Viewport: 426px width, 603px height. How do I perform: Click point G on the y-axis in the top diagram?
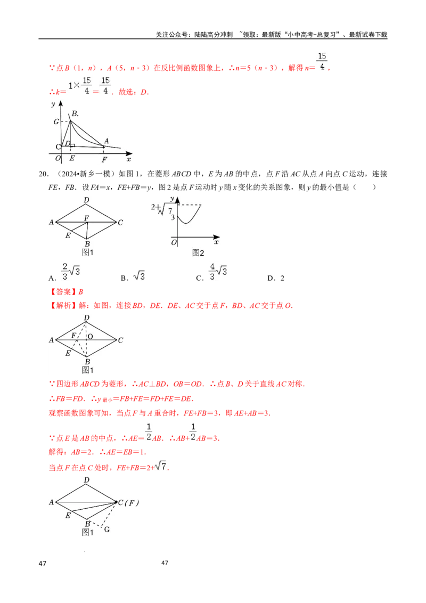tap(56, 121)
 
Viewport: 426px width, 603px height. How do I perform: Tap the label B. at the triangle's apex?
tap(75, 113)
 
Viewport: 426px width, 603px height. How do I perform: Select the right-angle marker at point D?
tap(72, 144)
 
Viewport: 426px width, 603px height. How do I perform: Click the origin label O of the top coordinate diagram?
tap(58, 158)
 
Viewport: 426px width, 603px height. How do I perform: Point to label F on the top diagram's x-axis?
tap(104, 159)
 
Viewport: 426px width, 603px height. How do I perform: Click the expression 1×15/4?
tap(80, 85)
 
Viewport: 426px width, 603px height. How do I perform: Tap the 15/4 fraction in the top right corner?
tap(321, 61)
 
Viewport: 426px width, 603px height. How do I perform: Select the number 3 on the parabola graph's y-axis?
tap(172, 217)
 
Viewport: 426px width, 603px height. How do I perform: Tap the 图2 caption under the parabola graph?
tap(198, 253)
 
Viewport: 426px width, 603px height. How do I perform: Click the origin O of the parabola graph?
tap(174, 243)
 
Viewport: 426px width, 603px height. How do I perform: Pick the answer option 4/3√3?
tap(218, 271)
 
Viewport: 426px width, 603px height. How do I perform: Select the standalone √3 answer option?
tap(141, 275)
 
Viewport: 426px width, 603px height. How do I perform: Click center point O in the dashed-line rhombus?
tap(90, 336)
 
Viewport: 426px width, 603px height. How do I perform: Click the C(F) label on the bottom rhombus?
tap(128, 502)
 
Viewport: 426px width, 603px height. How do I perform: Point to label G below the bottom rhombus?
tap(106, 529)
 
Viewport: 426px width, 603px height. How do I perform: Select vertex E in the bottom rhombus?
tap(68, 515)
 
